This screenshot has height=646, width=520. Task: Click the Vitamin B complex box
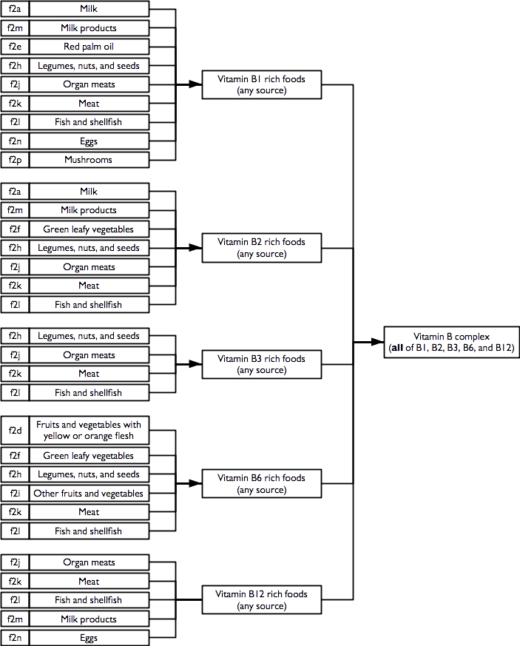click(451, 342)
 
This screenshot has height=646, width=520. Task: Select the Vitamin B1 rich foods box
click(261, 84)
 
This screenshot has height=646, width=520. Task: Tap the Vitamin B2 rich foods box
click(261, 248)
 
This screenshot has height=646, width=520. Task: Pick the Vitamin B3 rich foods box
click(261, 364)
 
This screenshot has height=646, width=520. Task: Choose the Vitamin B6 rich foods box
click(261, 484)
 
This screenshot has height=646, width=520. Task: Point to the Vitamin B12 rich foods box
click(261, 600)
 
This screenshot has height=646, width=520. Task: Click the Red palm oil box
click(89, 47)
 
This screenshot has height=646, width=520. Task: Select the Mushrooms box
click(89, 160)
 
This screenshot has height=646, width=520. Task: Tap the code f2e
click(15, 47)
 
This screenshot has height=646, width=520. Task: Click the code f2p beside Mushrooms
click(15, 160)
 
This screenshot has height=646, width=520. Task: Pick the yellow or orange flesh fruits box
click(89, 430)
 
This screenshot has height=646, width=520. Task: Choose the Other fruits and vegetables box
click(89, 494)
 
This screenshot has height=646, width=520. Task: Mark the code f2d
click(15, 430)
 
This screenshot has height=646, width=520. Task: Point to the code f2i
click(15, 494)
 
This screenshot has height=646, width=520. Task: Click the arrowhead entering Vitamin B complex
click(378, 342)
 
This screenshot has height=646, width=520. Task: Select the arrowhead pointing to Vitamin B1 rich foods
click(197, 84)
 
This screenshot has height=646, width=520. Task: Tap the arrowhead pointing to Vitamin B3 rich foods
click(197, 364)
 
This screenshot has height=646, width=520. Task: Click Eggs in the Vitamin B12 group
click(89, 638)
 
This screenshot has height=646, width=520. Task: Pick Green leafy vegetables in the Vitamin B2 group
click(89, 229)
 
